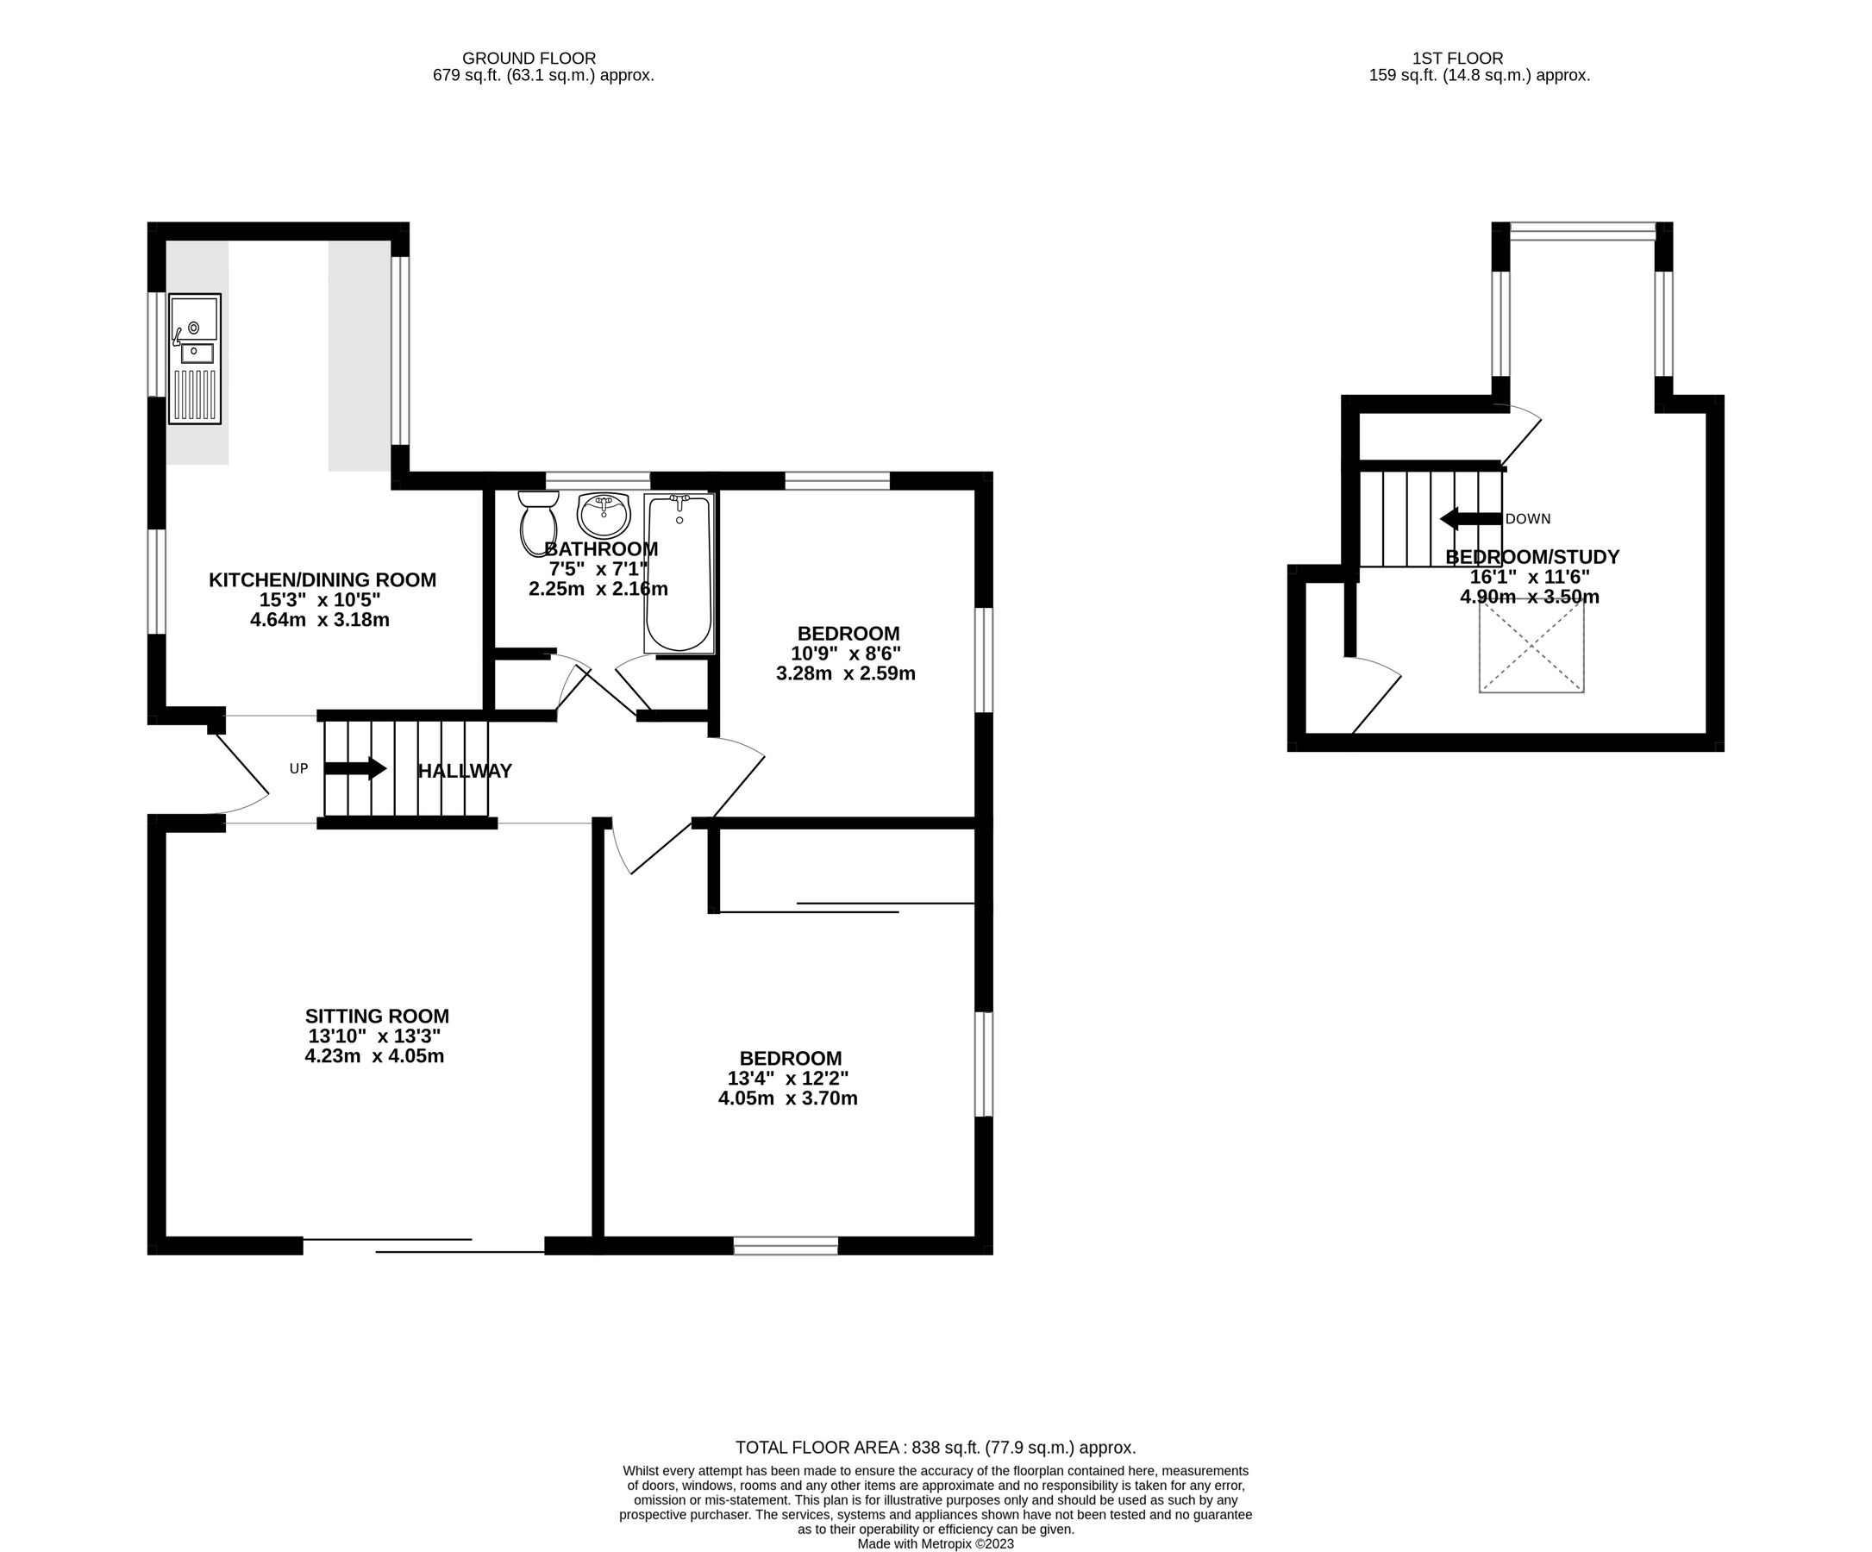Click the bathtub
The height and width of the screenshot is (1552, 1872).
click(679, 573)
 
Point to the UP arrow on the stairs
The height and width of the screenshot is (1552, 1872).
click(354, 768)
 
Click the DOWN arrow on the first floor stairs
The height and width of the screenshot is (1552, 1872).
click(1471, 519)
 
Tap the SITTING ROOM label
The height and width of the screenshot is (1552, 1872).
click(376, 1016)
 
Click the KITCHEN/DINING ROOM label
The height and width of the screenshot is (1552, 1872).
click(322, 579)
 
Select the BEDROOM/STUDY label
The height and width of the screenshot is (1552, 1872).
click(1531, 557)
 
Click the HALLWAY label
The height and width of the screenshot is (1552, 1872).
click(465, 771)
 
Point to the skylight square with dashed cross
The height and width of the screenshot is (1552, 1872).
click(1531, 647)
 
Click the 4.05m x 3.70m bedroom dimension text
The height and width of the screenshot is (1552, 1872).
click(787, 1098)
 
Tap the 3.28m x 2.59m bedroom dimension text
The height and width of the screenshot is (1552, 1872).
click(845, 673)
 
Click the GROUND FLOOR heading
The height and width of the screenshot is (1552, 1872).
click(529, 59)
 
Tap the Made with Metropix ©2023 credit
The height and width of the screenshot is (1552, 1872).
click(935, 1544)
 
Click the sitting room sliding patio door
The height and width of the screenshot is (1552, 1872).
click(423, 1245)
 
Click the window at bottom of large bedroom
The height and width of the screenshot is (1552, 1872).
click(786, 1246)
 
